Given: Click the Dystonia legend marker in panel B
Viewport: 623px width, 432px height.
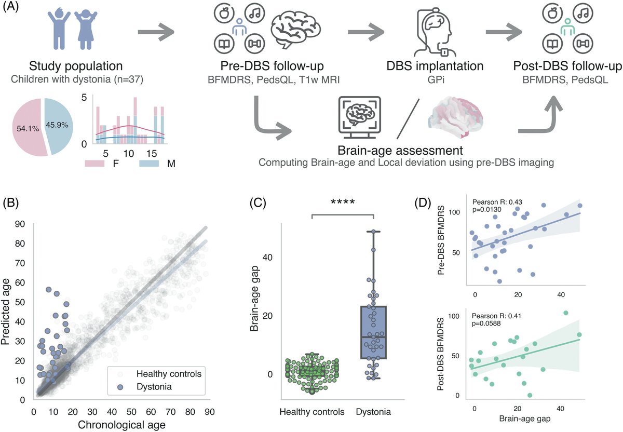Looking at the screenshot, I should [x=120, y=387].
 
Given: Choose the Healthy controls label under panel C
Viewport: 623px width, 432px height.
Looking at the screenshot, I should [x=312, y=412].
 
